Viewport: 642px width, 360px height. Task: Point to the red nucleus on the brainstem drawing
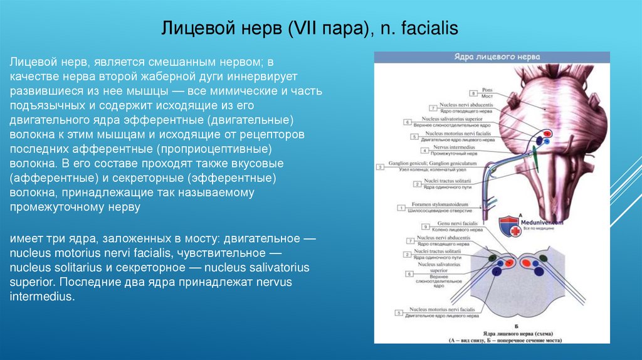tap(547, 133)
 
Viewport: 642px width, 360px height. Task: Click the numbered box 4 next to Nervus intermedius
tap(426, 151)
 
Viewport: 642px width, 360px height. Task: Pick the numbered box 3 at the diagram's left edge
tap(380, 167)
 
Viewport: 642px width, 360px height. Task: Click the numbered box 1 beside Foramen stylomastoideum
tap(401, 208)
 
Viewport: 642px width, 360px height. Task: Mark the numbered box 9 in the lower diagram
tap(426, 226)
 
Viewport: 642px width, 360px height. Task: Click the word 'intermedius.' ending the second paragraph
tap(42, 296)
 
